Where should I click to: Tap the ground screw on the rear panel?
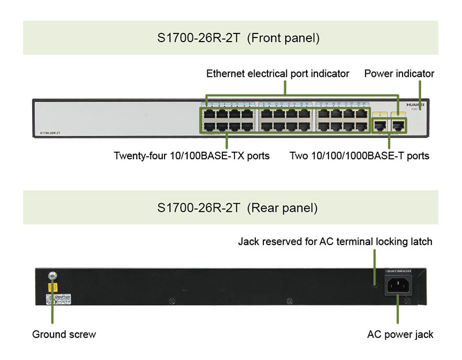51,275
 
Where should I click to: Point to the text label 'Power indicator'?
399,74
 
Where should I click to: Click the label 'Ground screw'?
64,334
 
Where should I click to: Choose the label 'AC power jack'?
400,334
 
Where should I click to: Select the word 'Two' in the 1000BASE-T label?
299,156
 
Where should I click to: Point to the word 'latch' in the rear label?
420,241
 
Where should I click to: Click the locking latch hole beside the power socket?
375,283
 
